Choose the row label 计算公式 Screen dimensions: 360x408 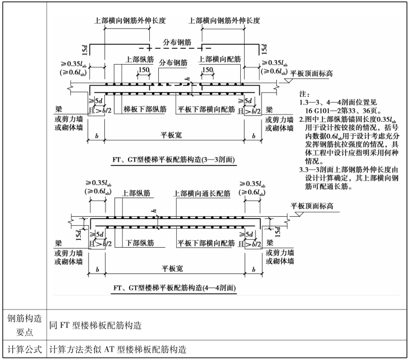pos(23,349)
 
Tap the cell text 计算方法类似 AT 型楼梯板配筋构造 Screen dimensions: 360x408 pos(117,349)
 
